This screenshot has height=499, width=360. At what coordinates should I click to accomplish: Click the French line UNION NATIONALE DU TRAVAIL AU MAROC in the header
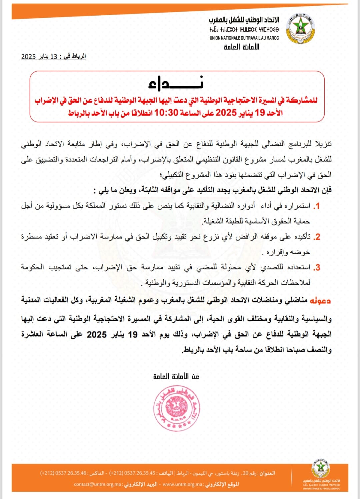pos(244,38)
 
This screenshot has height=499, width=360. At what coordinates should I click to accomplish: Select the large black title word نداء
pos(176,84)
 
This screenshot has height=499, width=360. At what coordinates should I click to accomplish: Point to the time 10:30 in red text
pos(166,113)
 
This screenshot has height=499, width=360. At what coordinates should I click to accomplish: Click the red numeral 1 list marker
pos(317,206)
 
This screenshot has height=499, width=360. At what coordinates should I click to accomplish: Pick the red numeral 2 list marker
pos(317,237)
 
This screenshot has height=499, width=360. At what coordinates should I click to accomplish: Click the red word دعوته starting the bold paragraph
pos(320,301)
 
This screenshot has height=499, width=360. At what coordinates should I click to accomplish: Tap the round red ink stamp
pos(176,408)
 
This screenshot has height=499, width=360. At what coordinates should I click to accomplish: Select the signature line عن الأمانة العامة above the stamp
pos(176,376)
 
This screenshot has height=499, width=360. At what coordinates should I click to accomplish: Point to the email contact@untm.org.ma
pos(98,484)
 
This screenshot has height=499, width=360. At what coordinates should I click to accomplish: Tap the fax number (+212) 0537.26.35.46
pos(63,473)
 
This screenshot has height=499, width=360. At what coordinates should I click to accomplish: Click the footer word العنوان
pos(267,473)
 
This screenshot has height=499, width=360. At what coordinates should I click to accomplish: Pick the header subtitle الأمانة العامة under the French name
pos(242,47)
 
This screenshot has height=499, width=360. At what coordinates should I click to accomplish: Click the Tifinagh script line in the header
pos(244,30)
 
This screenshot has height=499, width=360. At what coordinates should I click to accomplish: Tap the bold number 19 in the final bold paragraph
pos(133,334)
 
